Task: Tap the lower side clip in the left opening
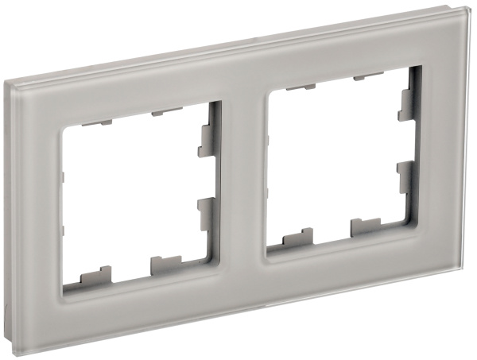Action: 204,211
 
